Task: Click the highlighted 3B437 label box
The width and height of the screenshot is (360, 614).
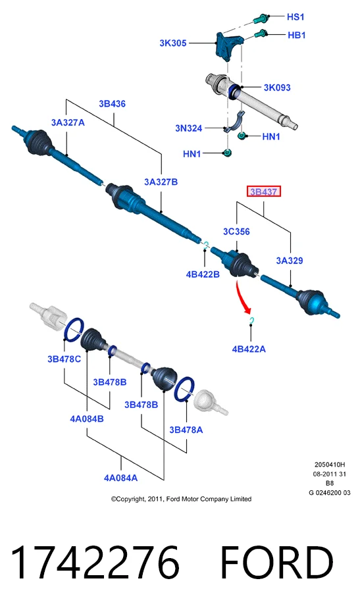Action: (264, 192)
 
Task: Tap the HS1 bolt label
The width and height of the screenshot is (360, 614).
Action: (296, 17)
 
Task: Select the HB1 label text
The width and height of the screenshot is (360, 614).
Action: (297, 36)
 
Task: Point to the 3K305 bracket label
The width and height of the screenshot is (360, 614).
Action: (172, 43)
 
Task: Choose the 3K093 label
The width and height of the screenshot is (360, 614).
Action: (277, 88)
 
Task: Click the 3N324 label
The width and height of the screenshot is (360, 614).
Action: (188, 128)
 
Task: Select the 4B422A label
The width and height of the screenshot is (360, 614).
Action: (249, 349)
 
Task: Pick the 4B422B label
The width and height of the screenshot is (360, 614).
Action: (203, 274)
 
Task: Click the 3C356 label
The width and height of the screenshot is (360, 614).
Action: (236, 232)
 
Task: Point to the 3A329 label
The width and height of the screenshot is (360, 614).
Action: (290, 261)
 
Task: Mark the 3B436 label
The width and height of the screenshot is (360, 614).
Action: (112, 104)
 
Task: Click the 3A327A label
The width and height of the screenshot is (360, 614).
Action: (68, 122)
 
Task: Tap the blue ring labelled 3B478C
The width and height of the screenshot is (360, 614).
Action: (74, 330)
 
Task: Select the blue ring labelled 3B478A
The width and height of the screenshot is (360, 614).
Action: (184, 389)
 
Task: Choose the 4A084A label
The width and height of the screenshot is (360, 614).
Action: (120, 478)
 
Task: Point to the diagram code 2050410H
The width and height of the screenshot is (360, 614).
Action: (330, 465)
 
